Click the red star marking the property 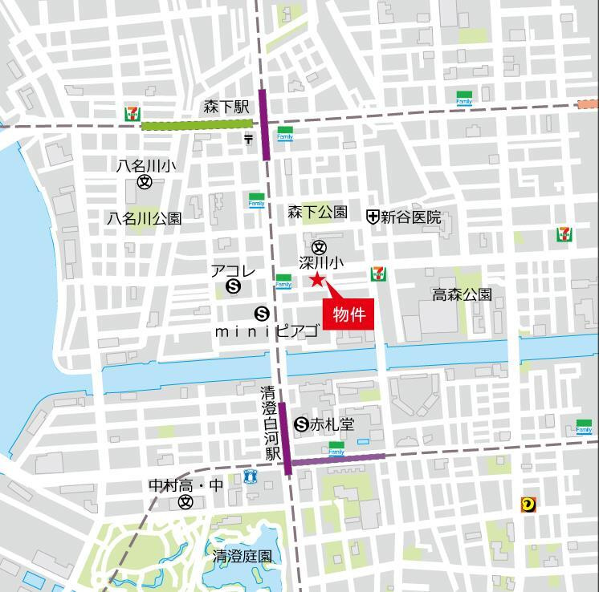316,279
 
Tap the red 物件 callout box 349,314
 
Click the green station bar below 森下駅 196,124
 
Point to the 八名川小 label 145,165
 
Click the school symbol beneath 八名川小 145,182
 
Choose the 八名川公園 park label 145,218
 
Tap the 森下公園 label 317,213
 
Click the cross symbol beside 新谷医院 373,217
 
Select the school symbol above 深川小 319,247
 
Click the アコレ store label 233,271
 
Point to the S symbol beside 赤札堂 302,424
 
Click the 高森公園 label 462,294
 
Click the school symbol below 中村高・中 186,502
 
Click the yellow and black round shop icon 528,504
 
